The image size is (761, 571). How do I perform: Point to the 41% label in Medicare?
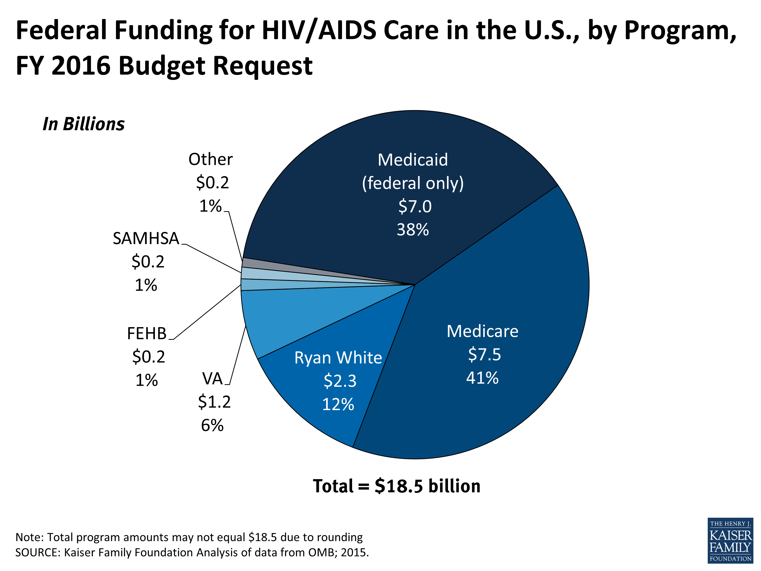coord(482,378)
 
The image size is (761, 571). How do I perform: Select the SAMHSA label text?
coord(146,238)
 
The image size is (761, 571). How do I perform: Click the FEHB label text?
coord(147,333)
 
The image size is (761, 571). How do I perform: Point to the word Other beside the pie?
coord(211,159)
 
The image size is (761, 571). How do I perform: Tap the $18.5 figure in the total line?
coord(399,486)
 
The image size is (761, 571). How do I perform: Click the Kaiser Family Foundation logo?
coord(730,540)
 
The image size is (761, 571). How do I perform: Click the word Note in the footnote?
coord(28,537)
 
